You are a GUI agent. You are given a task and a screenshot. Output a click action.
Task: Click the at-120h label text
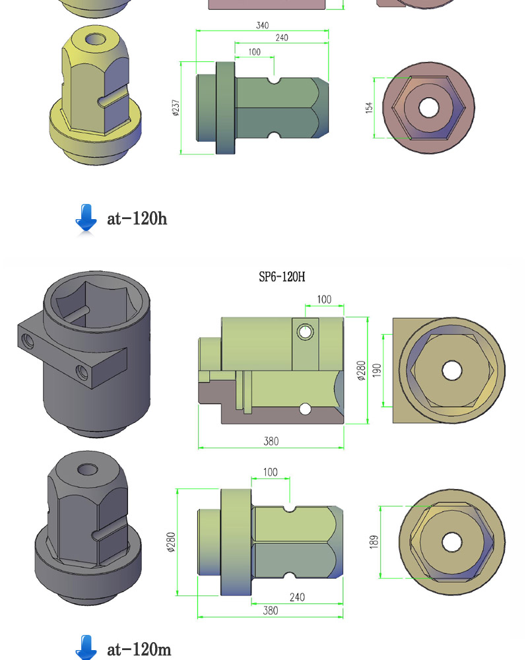[137, 218]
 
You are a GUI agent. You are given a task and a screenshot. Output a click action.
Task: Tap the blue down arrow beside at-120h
[86, 218]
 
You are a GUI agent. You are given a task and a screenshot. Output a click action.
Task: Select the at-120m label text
[139, 649]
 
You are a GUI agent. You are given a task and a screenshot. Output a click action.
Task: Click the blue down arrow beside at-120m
[86, 648]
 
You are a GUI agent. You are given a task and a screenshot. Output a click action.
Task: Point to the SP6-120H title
[282, 277]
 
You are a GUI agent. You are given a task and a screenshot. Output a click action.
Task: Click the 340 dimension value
[262, 25]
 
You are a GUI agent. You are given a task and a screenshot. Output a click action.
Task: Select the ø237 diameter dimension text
[176, 108]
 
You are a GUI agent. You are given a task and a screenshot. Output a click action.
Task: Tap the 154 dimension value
[369, 108]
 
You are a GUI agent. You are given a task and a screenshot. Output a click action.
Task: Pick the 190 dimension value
[377, 370]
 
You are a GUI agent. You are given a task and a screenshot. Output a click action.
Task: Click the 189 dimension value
[374, 542]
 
